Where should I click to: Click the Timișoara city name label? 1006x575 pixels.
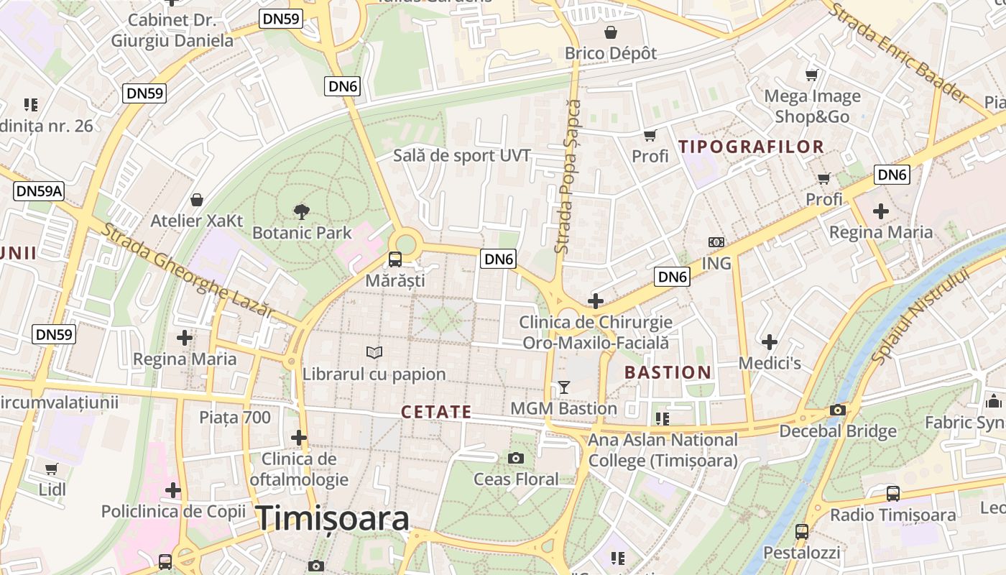click(x=333, y=517)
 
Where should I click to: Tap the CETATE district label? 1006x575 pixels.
click(x=436, y=412)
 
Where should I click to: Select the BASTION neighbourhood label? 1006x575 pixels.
click(x=668, y=372)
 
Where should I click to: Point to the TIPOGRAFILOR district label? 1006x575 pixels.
click(x=751, y=147)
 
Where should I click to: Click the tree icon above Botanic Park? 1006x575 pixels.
click(x=302, y=211)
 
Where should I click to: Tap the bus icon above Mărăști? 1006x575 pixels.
click(x=394, y=259)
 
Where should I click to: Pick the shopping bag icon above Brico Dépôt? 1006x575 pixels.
click(x=611, y=32)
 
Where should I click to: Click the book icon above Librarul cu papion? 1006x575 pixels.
click(x=374, y=352)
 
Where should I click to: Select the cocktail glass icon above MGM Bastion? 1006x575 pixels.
click(x=564, y=387)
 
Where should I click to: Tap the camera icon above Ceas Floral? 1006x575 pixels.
click(x=515, y=458)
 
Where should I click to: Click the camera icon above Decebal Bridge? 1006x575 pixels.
click(x=837, y=410)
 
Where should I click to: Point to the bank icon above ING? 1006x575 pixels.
click(x=716, y=242)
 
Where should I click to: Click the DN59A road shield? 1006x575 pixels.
click(x=40, y=191)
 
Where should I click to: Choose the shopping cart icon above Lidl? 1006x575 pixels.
click(x=52, y=469)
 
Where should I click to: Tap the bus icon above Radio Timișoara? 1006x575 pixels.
click(x=892, y=494)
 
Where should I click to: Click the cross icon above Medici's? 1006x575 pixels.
click(x=770, y=342)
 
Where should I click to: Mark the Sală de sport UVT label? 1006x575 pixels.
click(x=462, y=155)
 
